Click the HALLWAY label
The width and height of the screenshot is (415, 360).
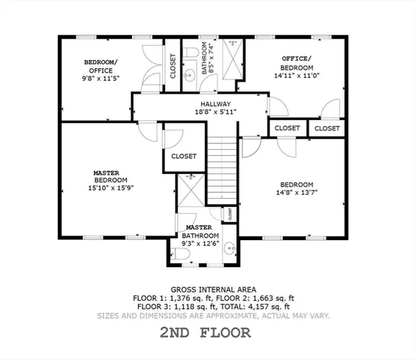[x=215, y=104]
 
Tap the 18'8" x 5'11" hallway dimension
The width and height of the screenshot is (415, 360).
[x=215, y=112]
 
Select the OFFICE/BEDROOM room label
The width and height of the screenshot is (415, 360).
[x=296, y=62]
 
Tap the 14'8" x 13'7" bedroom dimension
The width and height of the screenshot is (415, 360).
[x=296, y=192]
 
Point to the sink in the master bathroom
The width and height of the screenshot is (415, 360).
[x=231, y=247]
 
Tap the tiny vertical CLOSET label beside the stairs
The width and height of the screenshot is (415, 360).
[x=230, y=214]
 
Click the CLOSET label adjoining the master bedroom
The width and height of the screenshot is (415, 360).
[x=184, y=156]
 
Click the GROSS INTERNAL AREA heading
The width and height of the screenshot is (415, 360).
[x=213, y=289]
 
